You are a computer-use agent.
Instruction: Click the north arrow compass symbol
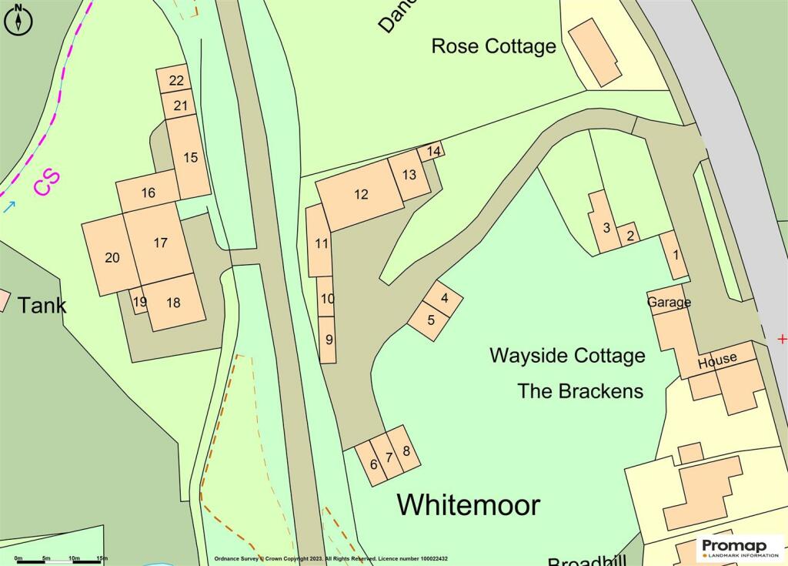19,19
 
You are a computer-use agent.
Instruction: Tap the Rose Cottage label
493,46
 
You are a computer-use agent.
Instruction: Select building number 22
176,80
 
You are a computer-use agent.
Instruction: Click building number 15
190,157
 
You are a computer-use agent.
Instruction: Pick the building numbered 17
160,243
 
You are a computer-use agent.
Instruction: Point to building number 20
112,257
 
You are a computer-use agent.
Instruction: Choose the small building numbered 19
139,302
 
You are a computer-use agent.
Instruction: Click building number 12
361,195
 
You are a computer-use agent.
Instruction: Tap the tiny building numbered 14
434,151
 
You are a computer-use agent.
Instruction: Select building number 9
329,339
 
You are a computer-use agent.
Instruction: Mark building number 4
444,296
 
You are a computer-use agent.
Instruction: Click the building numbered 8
406,452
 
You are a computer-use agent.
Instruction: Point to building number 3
606,227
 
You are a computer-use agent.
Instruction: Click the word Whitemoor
468,505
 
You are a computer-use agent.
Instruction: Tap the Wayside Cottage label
567,356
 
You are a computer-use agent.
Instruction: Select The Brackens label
580,390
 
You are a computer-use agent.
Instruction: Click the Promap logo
740,548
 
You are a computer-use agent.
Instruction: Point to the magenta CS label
46,184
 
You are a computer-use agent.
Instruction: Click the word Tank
42,305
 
